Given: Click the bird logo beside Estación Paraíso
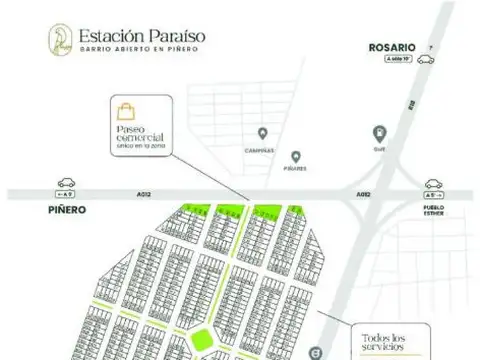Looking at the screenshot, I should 59,41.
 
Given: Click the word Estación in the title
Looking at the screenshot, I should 111,34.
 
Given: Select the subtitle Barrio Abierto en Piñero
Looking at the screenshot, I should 139,51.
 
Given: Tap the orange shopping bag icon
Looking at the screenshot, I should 127,111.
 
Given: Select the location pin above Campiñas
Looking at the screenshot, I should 262,134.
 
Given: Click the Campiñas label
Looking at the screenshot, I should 262,148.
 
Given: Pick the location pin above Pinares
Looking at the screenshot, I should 296,156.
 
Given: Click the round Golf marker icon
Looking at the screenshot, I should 379,132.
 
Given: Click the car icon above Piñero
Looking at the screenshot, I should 67,184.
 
